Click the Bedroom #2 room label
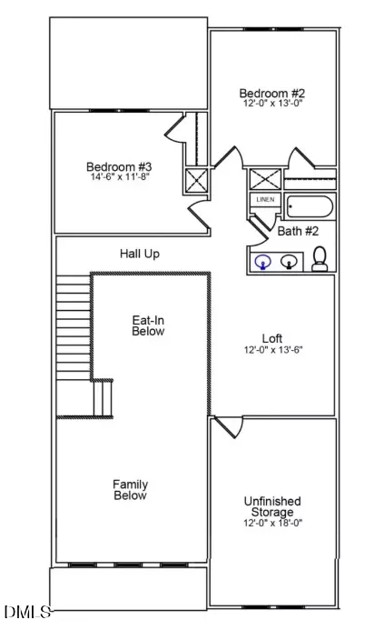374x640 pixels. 271,93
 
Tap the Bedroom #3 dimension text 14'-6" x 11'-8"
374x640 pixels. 119,176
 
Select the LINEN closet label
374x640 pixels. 265,200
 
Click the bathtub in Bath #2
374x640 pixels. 310,206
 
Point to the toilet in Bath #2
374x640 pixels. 320,258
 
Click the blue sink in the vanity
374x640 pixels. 262,262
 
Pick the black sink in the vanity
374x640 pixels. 289,261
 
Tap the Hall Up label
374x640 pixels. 139,254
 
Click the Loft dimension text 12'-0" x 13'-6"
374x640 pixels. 273,350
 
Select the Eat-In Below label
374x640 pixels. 148,325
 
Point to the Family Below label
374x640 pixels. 131,490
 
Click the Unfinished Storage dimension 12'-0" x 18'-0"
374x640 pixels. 273,523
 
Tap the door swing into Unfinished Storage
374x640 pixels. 228,427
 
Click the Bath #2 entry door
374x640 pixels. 259,232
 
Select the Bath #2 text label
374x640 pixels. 298,232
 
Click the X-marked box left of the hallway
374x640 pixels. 196,180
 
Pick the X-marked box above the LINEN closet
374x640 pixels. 265,179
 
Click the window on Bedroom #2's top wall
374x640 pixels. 273,29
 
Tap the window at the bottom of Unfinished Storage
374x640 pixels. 273,606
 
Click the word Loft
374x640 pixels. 272,338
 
